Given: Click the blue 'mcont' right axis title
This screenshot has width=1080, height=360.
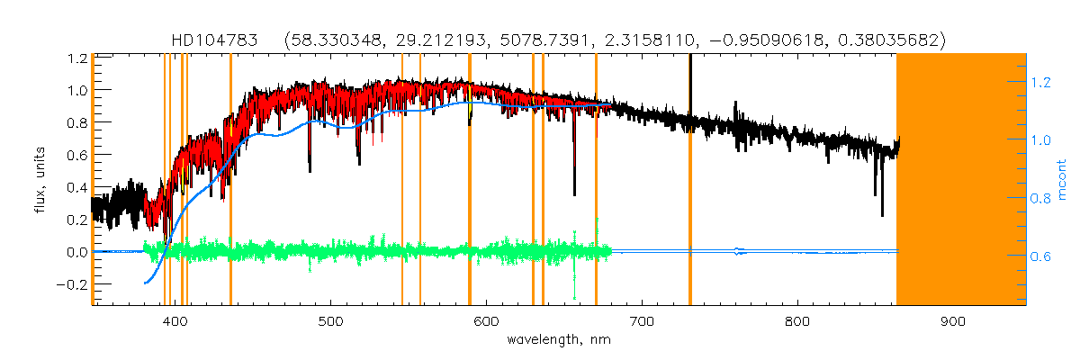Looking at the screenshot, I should tap(1062, 180).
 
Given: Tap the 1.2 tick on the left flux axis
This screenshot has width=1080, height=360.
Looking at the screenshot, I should tap(76, 58).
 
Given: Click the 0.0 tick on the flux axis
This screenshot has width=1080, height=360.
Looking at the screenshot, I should tap(76, 252).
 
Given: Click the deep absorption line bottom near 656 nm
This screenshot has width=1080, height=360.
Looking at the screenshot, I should tap(574, 193).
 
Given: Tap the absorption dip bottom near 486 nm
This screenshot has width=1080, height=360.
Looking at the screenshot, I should tap(310, 169).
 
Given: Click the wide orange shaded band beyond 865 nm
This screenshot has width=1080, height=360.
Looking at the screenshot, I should tap(961, 180).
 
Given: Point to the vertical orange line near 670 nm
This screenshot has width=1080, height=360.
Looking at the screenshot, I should tap(596, 180).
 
